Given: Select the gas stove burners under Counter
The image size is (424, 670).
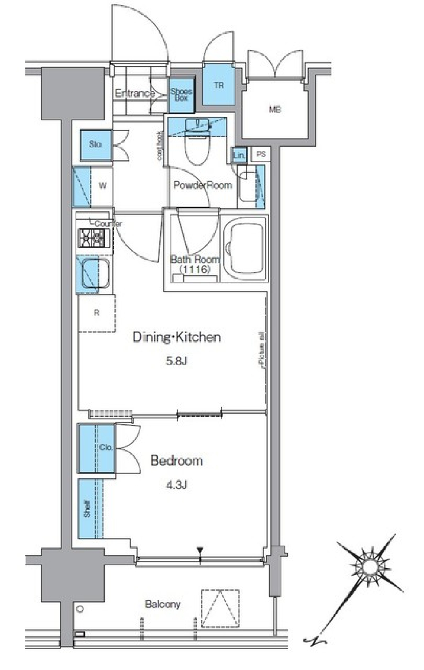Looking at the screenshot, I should (x=92, y=238).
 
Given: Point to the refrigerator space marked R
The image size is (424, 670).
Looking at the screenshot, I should (x=97, y=313).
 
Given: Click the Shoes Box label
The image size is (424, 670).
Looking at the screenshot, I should (x=181, y=94).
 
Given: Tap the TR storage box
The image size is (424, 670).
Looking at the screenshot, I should (x=219, y=85).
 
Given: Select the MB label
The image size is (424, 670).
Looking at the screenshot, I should (x=275, y=109).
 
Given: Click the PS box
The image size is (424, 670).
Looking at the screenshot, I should (x=261, y=154).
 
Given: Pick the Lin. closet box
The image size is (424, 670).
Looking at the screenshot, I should (x=238, y=155).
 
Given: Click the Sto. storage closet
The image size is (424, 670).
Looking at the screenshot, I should (x=96, y=145).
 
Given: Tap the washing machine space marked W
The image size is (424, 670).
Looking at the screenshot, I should (x=102, y=186).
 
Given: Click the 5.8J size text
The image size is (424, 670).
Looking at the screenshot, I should (x=176, y=361).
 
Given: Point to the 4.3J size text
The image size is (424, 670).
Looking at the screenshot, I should (x=176, y=485).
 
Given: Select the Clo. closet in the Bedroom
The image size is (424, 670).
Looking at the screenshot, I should (x=97, y=448).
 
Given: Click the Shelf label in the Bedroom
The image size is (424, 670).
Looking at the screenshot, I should (x=87, y=508).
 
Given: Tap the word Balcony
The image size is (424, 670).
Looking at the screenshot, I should (x=163, y=604).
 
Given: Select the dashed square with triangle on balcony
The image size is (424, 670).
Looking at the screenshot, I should (x=220, y=608).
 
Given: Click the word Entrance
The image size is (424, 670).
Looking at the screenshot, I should (x=134, y=93).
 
